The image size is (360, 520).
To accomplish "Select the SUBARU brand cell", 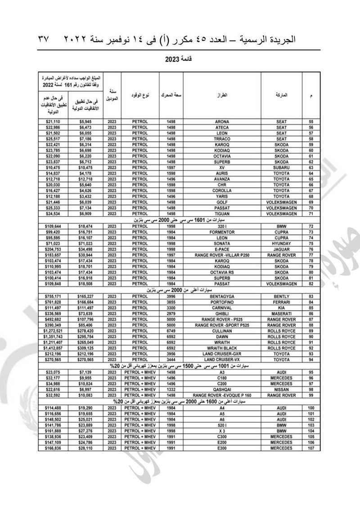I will (x=281, y=167).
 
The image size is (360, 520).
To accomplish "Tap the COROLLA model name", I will (x=222, y=190).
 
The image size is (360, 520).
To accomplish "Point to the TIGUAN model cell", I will (x=222, y=213).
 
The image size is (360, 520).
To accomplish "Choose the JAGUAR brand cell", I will (x=281, y=249).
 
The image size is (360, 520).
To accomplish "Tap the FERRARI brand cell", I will (x=281, y=302).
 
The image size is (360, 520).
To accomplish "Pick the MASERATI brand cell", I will (x=281, y=313).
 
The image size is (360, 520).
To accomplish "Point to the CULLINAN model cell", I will (x=222, y=330).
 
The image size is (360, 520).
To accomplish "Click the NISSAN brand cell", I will (x=281, y=389).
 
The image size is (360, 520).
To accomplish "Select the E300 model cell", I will (x=222, y=448).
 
